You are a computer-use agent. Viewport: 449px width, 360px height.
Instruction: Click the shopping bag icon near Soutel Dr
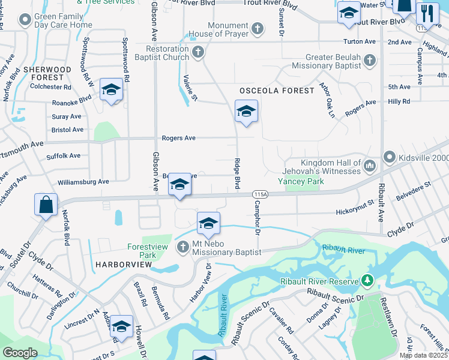pos(46,205)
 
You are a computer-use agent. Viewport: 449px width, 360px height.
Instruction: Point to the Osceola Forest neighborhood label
pos(277,91)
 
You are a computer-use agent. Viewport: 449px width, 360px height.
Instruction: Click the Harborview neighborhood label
pos(117,264)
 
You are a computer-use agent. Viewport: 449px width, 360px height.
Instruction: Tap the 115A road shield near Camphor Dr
pos(260,194)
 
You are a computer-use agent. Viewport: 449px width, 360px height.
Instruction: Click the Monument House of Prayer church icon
pos(257,29)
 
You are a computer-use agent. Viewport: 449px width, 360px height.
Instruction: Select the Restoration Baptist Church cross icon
pos(198,52)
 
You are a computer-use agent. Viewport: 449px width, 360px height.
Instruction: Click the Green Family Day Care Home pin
pos(25,21)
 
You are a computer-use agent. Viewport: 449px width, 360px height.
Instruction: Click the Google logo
pos(20,352)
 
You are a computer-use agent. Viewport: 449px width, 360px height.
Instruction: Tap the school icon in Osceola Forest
pos(246,112)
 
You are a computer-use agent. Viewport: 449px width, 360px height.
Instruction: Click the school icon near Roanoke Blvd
pos(111,91)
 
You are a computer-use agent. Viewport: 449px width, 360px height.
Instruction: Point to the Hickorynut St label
pos(355,211)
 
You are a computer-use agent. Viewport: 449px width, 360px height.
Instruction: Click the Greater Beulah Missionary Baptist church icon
pos(370,60)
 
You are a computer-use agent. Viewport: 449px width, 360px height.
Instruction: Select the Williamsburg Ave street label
pos(83,181)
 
